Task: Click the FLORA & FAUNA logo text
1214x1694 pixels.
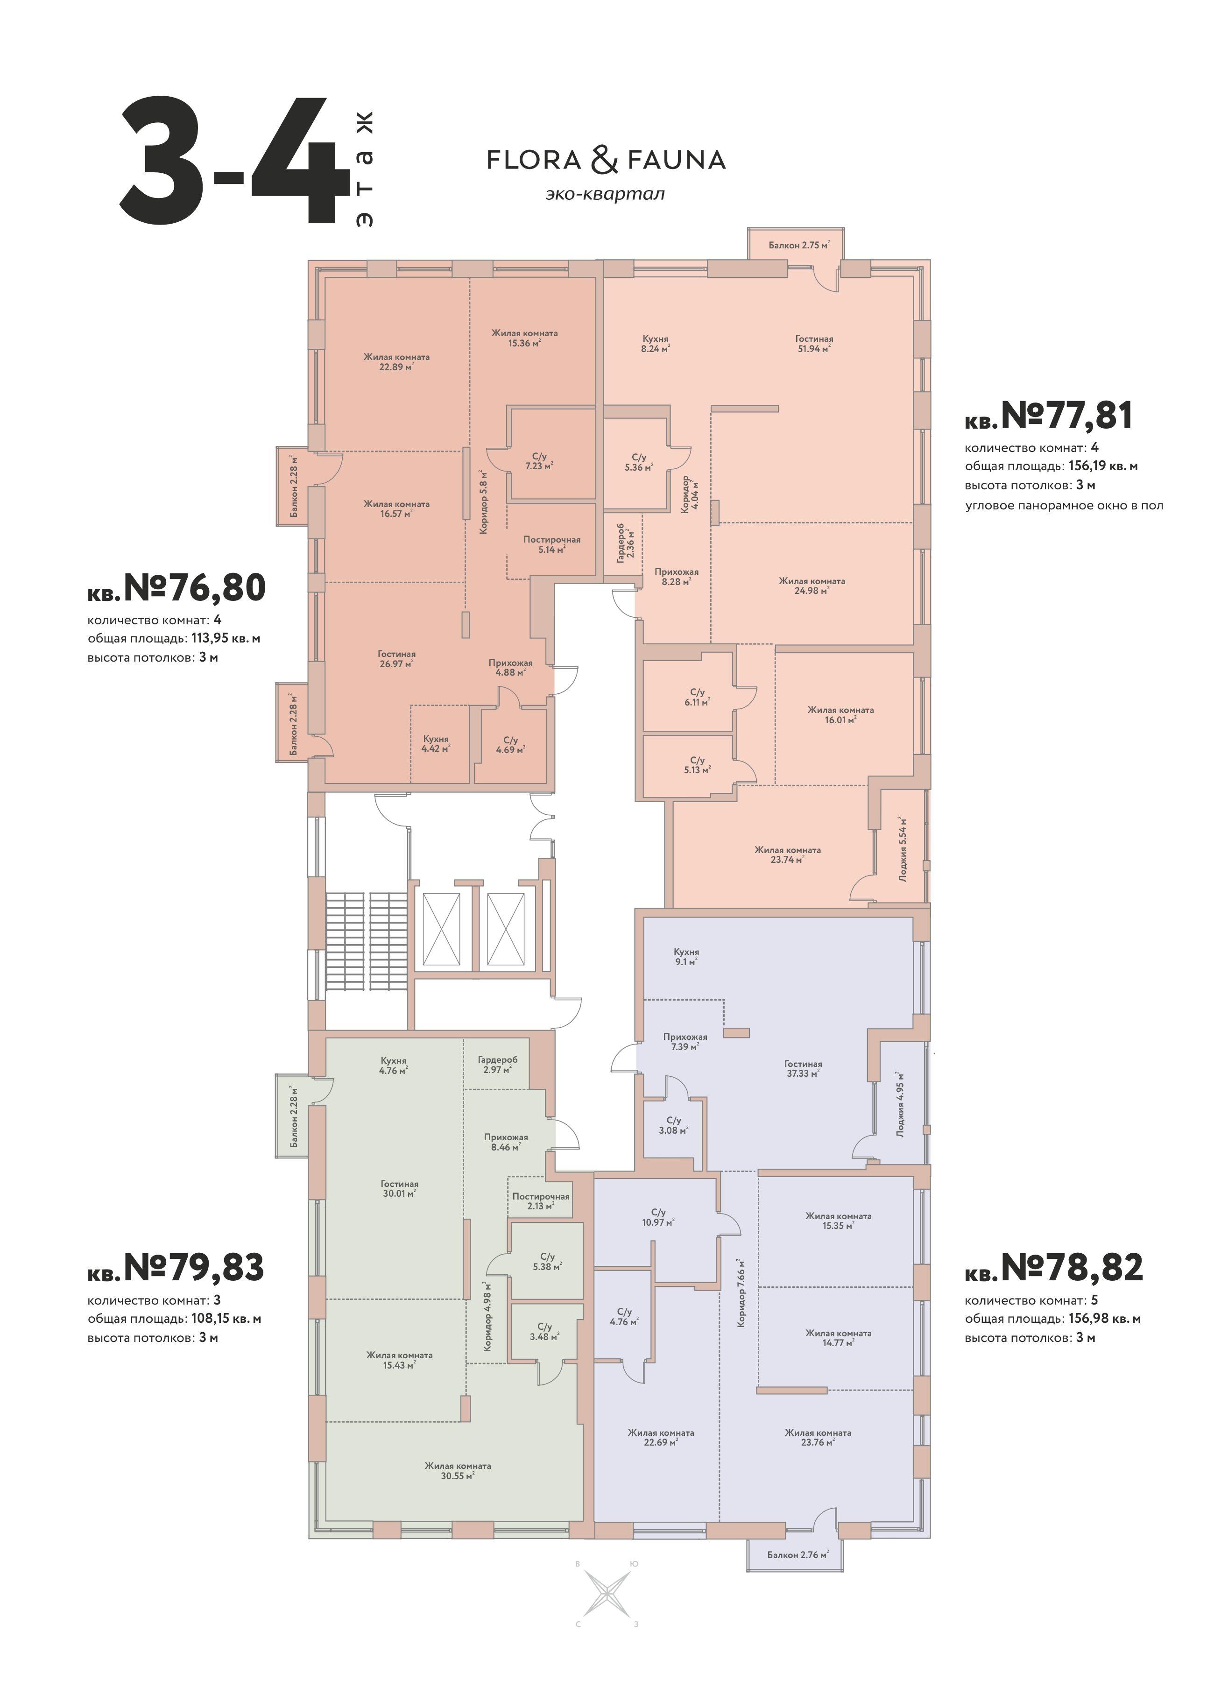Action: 606,160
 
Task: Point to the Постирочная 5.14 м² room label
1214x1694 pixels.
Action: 551,544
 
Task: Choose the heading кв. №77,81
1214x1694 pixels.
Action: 1049,416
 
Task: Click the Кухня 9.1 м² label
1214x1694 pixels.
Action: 686,957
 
